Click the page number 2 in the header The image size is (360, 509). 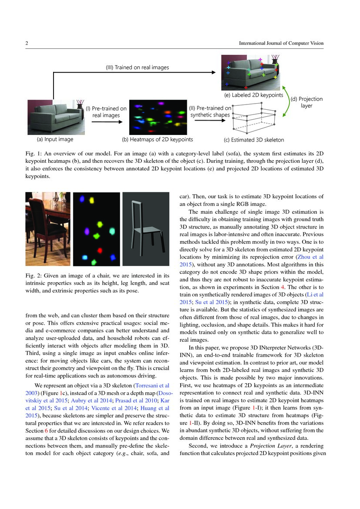(27, 43)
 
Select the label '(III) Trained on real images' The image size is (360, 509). (138, 67)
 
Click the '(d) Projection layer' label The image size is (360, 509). (306, 102)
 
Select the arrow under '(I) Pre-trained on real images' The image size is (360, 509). (105, 122)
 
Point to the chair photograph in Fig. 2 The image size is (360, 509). (48, 229)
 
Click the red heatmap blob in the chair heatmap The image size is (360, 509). (99, 250)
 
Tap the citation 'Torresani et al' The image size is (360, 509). (151, 385)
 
